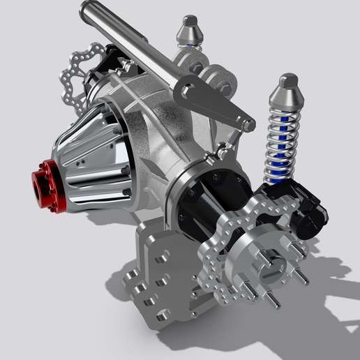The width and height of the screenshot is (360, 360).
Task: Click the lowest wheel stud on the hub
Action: point(272,301)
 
